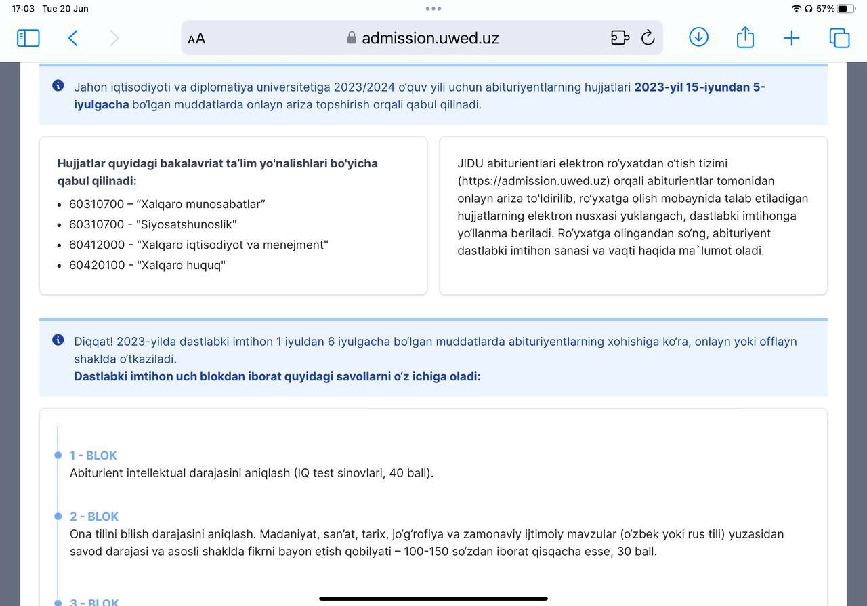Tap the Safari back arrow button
(73, 38)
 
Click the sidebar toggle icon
(28, 38)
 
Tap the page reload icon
(648, 38)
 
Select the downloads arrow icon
(698, 37)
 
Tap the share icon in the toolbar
(745, 37)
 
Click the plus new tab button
(791, 38)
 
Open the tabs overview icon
(839, 38)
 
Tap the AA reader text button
(196, 39)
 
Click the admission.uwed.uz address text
(430, 38)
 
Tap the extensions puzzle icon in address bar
(620, 38)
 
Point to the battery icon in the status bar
(846, 9)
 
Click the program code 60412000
(97, 245)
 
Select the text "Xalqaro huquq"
(181, 265)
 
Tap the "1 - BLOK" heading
(93, 456)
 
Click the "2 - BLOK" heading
(94, 517)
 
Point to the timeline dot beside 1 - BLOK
(58, 456)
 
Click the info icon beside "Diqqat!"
(58, 340)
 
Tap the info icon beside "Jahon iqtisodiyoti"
(58, 86)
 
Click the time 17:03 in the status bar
(23, 9)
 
